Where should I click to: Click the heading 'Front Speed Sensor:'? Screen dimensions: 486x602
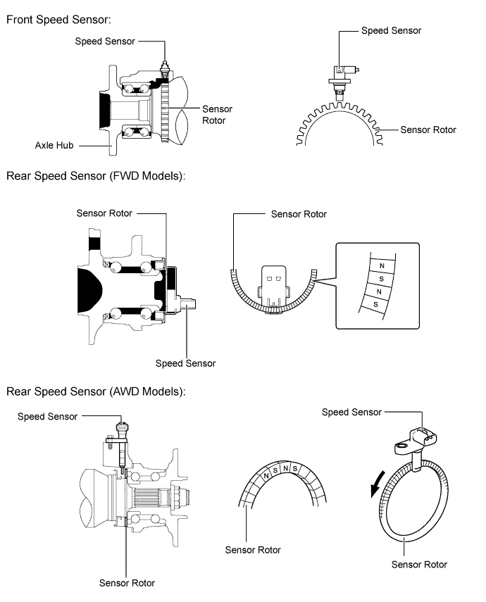[x=58, y=20]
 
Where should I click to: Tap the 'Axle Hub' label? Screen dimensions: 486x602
[x=54, y=145]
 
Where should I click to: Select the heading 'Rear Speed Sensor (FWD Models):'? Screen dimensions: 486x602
[x=96, y=176]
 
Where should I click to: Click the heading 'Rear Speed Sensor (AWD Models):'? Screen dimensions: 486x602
[x=96, y=391]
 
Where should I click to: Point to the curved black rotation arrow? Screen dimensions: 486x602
[x=377, y=484]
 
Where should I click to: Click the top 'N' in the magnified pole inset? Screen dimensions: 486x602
[x=382, y=265]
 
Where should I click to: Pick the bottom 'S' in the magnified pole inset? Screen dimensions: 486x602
[x=375, y=304]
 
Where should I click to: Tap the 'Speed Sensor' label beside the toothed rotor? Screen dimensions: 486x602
[x=391, y=31]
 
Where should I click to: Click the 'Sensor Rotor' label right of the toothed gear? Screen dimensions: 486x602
[x=428, y=130]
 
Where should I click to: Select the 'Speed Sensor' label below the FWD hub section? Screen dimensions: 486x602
[x=185, y=363]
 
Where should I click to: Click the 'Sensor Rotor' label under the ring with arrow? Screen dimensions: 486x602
[x=419, y=565]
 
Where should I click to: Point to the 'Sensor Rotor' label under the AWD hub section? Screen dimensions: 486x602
[x=127, y=583]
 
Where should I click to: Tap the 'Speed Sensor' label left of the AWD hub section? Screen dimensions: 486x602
[x=48, y=417]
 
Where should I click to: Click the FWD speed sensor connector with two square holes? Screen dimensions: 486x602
[x=273, y=287]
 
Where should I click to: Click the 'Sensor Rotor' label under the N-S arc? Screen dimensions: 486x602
[x=253, y=550]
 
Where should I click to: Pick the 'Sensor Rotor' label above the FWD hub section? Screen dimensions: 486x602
[x=104, y=213]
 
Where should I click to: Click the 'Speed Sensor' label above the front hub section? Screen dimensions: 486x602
[x=105, y=42]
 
